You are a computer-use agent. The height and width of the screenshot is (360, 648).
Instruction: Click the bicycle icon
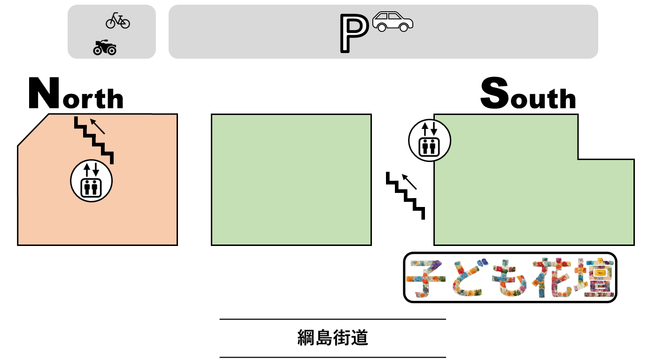click(x=117, y=21)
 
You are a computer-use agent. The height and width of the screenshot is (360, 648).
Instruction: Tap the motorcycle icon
click(x=105, y=47)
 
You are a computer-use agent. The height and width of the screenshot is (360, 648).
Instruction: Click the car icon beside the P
click(x=393, y=22)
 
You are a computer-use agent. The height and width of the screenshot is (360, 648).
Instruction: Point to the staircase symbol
click(x=94, y=139)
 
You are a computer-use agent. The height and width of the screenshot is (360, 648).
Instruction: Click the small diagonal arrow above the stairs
click(x=97, y=126)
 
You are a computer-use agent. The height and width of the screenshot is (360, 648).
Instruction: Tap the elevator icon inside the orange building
click(x=91, y=181)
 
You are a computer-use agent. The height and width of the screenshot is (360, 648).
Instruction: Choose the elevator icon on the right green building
click(x=430, y=140)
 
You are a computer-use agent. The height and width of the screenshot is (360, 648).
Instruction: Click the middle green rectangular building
click(x=291, y=180)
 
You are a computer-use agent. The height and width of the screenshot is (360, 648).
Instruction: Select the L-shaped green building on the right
click(x=517, y=202)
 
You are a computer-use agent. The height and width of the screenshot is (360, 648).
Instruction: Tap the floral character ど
click(x=468, y=278)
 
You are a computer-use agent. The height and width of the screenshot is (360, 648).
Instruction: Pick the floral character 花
click(x=553, y=278)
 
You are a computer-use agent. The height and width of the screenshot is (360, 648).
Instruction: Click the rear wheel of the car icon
click(x=382, y=28)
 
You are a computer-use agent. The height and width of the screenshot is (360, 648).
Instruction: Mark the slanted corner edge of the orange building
click(x=33, y=130)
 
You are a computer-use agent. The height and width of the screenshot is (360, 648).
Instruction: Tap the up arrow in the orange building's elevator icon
click(x=87, y=169)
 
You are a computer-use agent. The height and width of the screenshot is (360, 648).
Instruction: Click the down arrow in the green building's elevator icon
click(x=434, y=129)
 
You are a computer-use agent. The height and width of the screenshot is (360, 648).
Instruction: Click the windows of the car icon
click(x=388, y=16)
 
